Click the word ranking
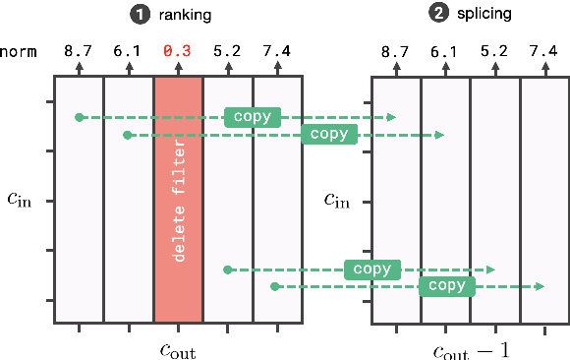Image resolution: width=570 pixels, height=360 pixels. coord(184,16)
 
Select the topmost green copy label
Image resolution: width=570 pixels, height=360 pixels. coord(252,117)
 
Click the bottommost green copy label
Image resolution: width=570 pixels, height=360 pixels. coord(447,286)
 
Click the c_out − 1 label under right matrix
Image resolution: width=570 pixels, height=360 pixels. coord(472,349)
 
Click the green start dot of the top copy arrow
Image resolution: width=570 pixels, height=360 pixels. coord(79,117)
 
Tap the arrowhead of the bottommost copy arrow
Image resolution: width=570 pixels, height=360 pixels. coord(540,286)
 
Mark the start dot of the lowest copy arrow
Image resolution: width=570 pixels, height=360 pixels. coord(275,286)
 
